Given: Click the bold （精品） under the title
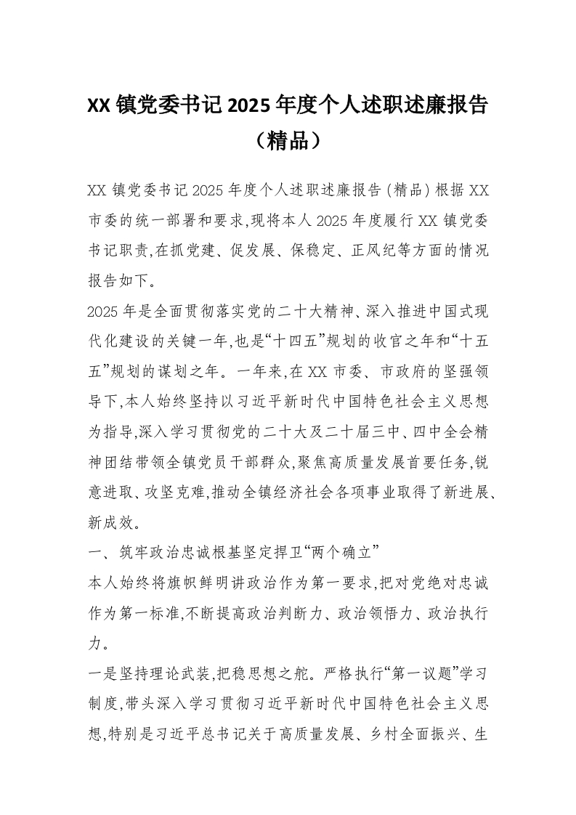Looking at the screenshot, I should pyautogui.click(x=288, y=139).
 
